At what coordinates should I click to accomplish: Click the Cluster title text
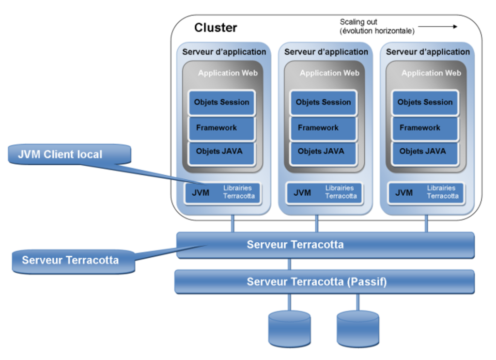(x=216, y=28)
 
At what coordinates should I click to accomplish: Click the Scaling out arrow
(x=437, y=27)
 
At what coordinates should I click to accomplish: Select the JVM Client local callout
(x=69, y=155)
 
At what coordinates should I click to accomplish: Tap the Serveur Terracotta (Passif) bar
(x=325, y=282)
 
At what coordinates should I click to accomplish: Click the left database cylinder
(x=290, y=329)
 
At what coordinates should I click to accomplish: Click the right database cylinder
(x=358, y=329)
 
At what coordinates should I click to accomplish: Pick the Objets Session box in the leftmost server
(x=221, y=103)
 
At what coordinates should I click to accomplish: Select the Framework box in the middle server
(x=323, y=128)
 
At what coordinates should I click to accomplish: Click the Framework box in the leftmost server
(x=221, y=128)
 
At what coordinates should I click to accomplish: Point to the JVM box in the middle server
(x=324, y=193)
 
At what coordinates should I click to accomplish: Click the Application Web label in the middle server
(x=329, y=73)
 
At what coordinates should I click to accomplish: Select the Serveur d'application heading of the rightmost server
(x=428, y=52)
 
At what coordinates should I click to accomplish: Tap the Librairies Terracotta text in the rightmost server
(x=443, y=192)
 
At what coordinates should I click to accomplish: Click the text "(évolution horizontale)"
(x=377, y=31)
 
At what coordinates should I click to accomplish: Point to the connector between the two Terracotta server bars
(x=289, y=264)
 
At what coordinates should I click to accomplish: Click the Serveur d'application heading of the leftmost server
(x=224, y=52)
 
